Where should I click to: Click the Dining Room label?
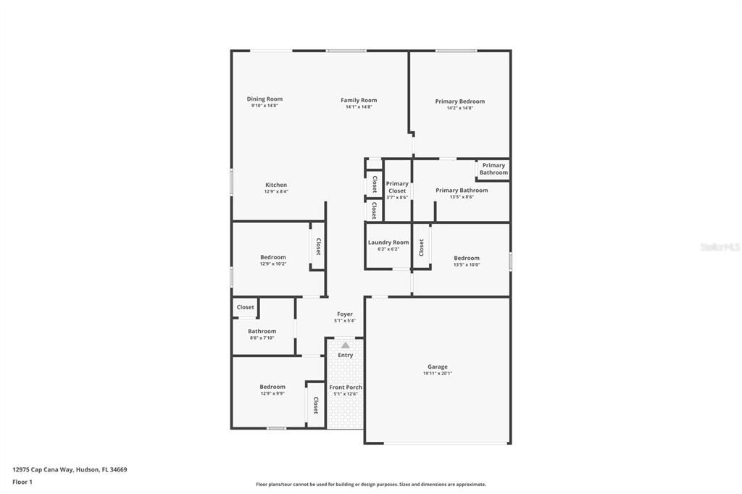tap(264, 99)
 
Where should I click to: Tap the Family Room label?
tap(359, 100)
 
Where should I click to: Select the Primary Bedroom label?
tap(459, 101)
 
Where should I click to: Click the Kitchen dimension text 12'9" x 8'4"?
tap(276, 192)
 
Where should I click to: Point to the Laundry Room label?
tap(388, 243)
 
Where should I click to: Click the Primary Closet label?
tap(397, 187)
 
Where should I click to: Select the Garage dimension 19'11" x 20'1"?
tap(437, 374)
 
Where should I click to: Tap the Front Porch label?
tap(346, 388)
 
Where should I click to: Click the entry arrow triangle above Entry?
tap(346, 346)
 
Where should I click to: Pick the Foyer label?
tap(345, 314)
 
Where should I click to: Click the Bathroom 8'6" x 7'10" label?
tap(262, 332)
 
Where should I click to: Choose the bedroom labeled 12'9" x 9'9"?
tap(272, 387)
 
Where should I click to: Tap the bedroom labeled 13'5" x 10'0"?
tap(467, 259)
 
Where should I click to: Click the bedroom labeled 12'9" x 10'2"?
tap(273, 257)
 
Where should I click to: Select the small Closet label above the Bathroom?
tap(246, 307)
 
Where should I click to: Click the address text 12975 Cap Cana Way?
tap(70, 469)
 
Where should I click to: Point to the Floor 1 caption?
tap(22, 482)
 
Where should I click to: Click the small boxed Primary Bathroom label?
tap(493, 169)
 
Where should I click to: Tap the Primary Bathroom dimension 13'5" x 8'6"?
tap(462, 197)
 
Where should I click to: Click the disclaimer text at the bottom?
tap(371, 485)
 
